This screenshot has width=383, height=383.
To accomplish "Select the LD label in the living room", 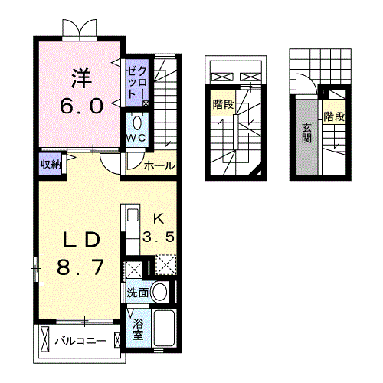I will [79, 240].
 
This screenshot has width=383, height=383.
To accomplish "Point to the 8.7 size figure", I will [79, 268].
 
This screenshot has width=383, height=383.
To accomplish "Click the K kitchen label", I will [158, 217].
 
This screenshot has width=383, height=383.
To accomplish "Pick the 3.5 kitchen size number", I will [161, 237].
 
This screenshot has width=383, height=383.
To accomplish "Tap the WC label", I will [137, 137].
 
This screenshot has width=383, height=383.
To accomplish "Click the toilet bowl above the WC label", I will [137, 121].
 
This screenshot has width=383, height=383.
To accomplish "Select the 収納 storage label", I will [52, 163].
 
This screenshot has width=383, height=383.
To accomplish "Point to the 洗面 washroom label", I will [138, 292].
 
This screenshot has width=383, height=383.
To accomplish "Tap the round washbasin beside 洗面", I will [160, 292].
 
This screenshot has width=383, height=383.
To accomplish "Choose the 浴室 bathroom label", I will [138, 329].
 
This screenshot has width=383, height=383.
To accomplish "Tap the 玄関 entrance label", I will [307, 133].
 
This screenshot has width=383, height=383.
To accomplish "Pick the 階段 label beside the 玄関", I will [333, 117].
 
